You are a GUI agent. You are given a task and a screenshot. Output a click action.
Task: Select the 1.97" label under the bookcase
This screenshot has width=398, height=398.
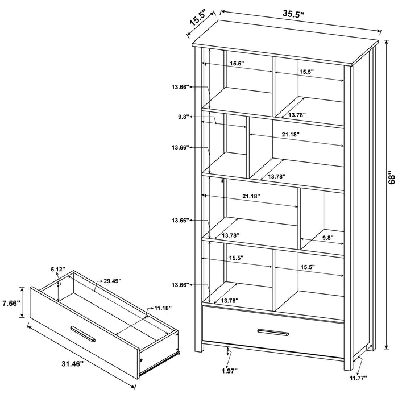coord(229,372)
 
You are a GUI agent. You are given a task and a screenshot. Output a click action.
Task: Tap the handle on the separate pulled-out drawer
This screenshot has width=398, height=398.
coord(83,334)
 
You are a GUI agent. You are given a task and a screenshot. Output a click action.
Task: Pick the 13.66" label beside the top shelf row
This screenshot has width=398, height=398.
coord(180,86)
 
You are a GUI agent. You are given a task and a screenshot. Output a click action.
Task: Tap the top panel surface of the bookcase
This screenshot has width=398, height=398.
coord(284,48)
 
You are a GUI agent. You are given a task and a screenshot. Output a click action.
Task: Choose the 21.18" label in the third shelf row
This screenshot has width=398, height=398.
coord(251,196)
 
